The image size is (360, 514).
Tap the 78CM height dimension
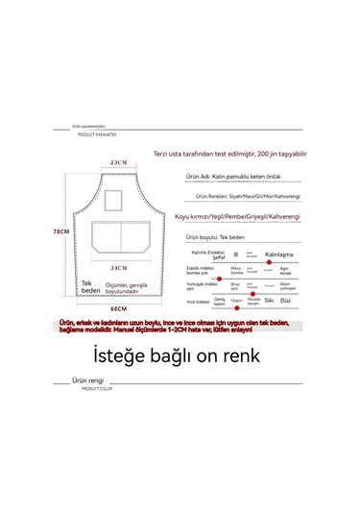click(x=60, y=232)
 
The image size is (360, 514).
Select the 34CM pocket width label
click(x=119, y=268)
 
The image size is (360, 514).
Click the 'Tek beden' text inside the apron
click(x=91, y=286)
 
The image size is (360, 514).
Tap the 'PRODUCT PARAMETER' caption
click(x=97, y=135)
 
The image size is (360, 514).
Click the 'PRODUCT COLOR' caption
click(x=97, y=389)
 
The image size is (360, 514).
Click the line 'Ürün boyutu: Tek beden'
click(x=221, y=236)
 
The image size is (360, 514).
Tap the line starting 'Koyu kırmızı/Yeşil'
click(x=243, y=217)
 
